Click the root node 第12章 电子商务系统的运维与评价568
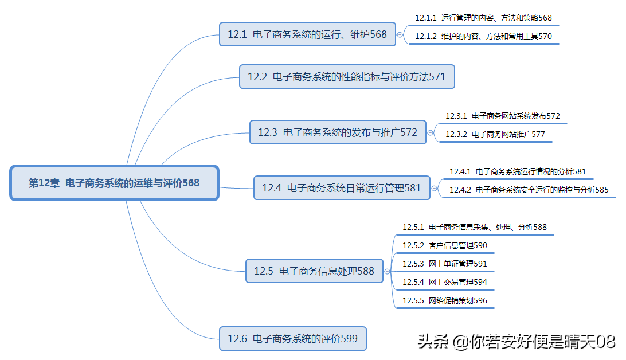coord(114,183)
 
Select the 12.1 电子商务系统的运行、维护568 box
coord(307,34)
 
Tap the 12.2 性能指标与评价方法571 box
coord(347,76)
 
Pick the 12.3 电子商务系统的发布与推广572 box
coord(338,132)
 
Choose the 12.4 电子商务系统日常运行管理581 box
coord(342,187)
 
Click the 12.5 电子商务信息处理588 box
coord(314,271)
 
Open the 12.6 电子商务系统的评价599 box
coord(292,338)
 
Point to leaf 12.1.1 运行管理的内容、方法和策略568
coord(483,18)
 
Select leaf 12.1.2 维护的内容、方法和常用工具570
coord(483,36)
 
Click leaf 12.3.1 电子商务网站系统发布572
coord(502,116)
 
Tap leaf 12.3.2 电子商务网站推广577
coord(495,135)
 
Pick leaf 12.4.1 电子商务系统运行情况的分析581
coord(517,171)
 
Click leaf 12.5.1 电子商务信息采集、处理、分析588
coord(474,227)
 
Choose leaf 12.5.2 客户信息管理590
coord(444,245)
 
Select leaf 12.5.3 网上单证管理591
coord(444,264)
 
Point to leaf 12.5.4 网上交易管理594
coord(444,282)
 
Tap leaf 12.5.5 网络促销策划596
coord(444,300)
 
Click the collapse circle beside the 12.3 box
coord(431,132)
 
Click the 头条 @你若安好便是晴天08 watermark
coord(516,342)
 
